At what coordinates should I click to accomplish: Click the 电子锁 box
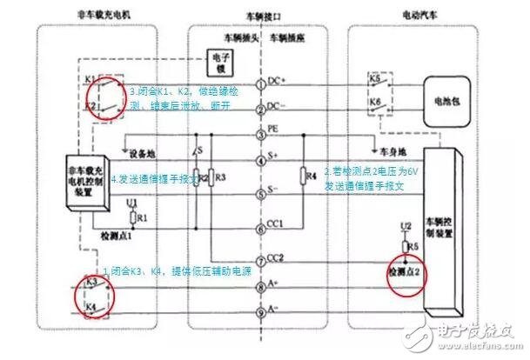coord(218,63)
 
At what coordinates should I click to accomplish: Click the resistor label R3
coord(219,177)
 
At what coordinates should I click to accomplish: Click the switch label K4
coord(91,309)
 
